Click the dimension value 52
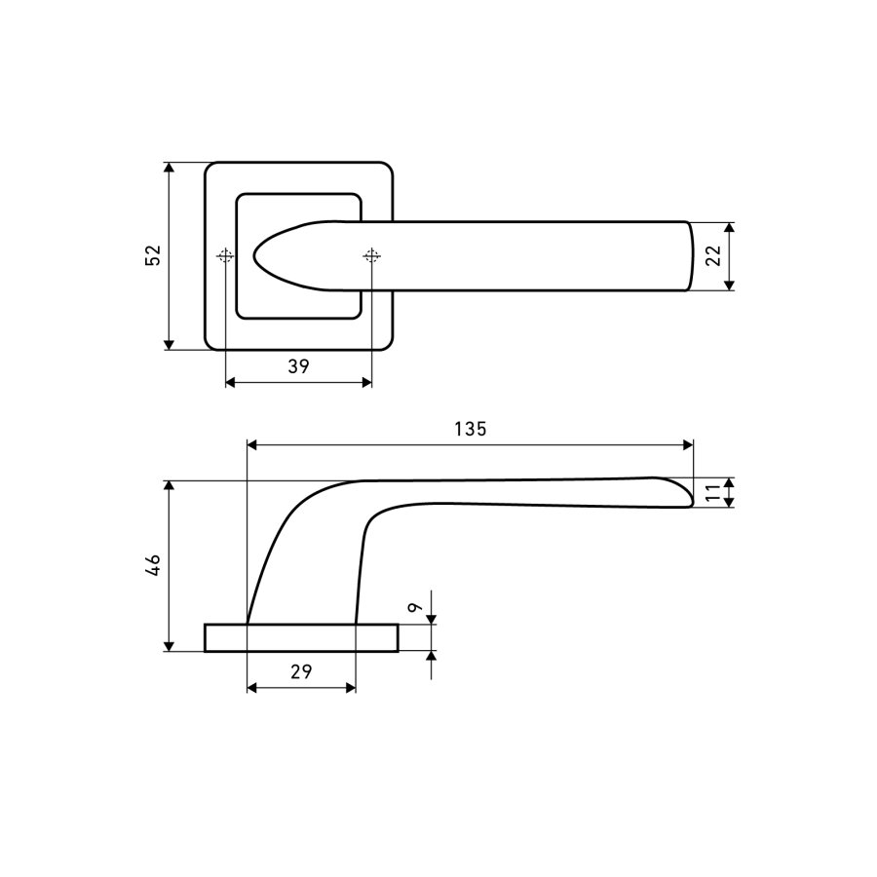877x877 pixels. pos(153,255)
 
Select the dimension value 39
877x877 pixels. pos(299,366)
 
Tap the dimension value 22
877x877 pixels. pos(713,256)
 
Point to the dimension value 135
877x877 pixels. pos(471,429)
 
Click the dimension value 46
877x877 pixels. pos(153,565)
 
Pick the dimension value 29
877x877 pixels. pos(301,671)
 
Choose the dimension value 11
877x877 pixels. pos(713,493)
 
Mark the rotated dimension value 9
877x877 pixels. pos(414,608)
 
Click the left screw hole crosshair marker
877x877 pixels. pos(225,256)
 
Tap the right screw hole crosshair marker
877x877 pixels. pos(371,256)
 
